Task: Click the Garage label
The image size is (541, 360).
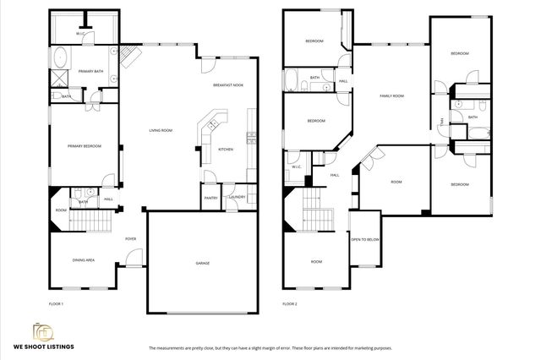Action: click(203, 264)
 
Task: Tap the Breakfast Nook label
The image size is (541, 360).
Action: click(228, 85)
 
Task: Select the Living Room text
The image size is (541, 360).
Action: click(161, 130)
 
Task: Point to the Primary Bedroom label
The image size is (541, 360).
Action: click(85, 146)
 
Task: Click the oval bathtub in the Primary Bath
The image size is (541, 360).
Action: click(62, 59)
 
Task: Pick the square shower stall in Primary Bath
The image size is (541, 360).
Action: click(60, 79)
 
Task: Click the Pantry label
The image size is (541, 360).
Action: click(210, 198)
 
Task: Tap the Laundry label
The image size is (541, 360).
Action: click(237, 198)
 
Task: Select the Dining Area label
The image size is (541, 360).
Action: click(83, 260)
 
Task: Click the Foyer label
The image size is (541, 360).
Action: click(131, 239)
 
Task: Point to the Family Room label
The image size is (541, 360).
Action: click(391, 96)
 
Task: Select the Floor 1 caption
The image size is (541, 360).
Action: click(57, 303)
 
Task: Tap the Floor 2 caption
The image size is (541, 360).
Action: click(290, 303)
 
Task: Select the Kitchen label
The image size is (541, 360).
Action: click(226, 150)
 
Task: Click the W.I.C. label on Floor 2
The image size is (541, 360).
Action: click(297, 166)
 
